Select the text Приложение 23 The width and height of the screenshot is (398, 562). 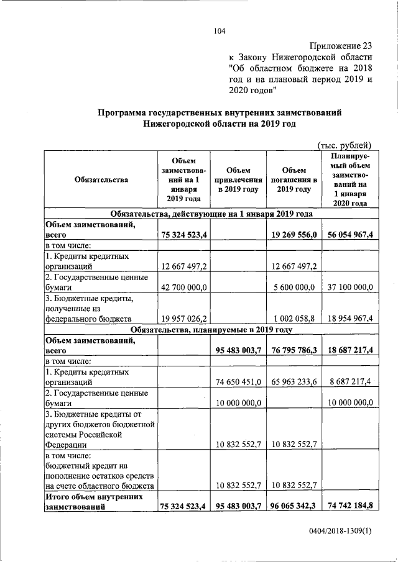[341, 47]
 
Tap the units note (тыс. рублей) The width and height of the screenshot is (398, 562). [345, 145]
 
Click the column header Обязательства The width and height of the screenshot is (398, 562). [101, 180]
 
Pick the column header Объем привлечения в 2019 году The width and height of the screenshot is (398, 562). [238, 180]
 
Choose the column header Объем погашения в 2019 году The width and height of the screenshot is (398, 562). [294, 180]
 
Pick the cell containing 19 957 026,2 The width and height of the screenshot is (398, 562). [185, 319]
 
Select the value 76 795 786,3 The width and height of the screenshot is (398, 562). [294, 350]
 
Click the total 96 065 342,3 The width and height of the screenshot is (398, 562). [294, 506]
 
